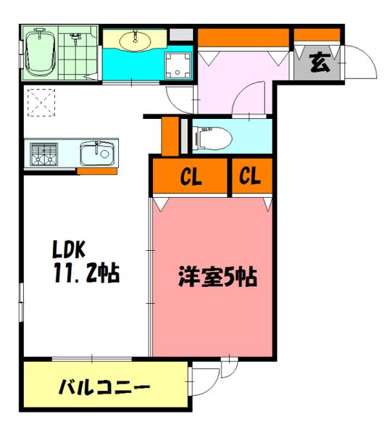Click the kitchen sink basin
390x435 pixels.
coord(96,154)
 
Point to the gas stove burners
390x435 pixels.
coord(44,154)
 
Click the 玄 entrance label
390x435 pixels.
coord(319,63)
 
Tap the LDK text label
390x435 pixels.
coord(68,251)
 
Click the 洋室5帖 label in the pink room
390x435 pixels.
coord(218,278)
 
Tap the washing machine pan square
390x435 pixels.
coord(176,65)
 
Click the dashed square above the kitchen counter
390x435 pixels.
coord(41,101)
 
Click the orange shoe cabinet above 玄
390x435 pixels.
coord(317,34)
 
